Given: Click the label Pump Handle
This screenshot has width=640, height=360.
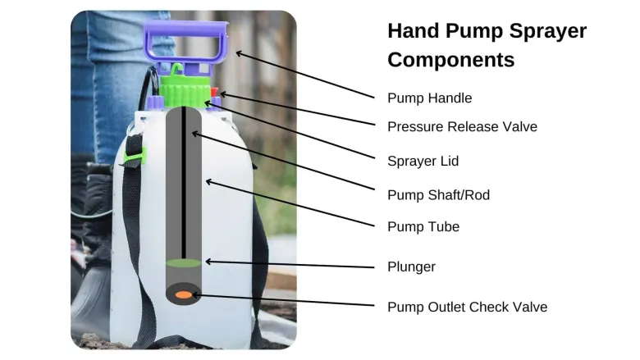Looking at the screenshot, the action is point(429,98).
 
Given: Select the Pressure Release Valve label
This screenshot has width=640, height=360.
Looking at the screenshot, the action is point(462,127).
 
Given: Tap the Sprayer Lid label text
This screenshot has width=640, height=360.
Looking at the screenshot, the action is point(423,161).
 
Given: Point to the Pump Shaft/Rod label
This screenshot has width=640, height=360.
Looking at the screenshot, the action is point(438,195).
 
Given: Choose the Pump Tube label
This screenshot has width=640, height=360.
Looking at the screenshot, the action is point(423,226).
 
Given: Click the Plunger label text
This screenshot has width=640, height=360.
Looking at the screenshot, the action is point(411,267).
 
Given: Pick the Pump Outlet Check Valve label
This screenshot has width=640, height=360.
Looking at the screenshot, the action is point(468,307).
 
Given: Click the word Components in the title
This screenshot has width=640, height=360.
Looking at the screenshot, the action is point(451,60).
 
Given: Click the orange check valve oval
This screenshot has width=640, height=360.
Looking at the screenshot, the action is point(184,294).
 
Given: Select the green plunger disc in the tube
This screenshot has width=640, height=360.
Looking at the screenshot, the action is point(184,263).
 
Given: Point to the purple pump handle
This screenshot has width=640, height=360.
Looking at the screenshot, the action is point(186,43).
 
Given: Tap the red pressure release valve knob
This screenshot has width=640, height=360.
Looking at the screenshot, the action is point(214,92).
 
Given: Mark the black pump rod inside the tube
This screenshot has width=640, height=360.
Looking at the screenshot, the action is point(184,183).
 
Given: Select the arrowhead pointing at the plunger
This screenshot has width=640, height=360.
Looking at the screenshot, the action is point(208,262).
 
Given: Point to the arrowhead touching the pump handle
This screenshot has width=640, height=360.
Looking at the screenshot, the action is point(240,53).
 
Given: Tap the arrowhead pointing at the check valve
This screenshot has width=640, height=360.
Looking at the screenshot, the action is point(195,294).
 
